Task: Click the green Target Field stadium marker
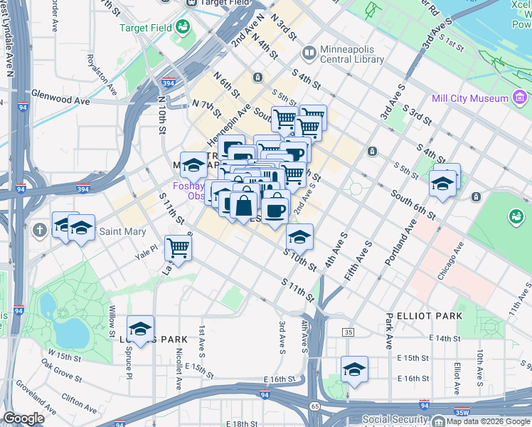point(183,28)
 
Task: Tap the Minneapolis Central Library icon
point(309,53)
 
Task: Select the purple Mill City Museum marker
point(520,98)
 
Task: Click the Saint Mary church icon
point(38,231)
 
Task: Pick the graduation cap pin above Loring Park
point(141,329)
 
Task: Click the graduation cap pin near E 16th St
point(354,369)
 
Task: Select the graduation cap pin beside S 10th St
point(299,237)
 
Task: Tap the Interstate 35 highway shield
point(348,332)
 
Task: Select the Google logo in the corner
point(23,418)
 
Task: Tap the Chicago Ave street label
point(450,260)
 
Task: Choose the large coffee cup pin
point(275,209)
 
